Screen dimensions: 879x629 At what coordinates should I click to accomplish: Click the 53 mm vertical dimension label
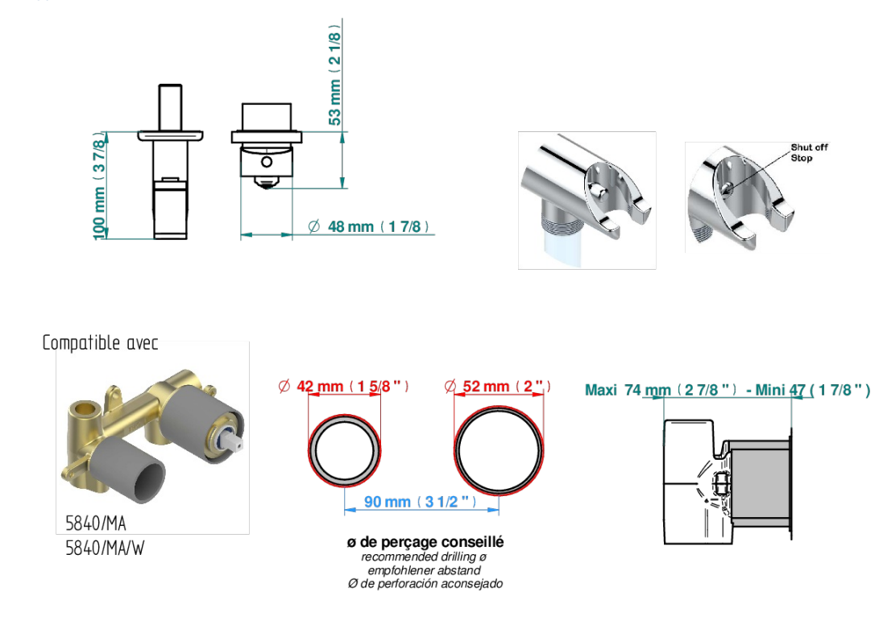click(x=334, y=75)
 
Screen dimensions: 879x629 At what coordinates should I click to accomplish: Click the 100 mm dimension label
click(x=98, y=186)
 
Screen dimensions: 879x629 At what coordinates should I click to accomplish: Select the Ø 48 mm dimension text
click(x=368, y=226)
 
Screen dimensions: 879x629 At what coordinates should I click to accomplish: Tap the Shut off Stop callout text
click(x=809, y=152)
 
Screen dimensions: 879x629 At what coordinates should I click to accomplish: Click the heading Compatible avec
click(x=101, y=342)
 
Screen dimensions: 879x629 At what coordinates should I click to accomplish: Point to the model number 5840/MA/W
click(x=105, y=548)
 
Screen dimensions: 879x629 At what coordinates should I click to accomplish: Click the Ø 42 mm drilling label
click(x=343, y=387)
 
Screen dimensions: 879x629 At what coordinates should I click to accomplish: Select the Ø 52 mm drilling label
click(x=497, y=387)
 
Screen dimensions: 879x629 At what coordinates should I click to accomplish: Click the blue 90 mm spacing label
click(x=421, y=502)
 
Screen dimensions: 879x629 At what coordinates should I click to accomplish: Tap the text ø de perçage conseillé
click(x=425, y=542)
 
